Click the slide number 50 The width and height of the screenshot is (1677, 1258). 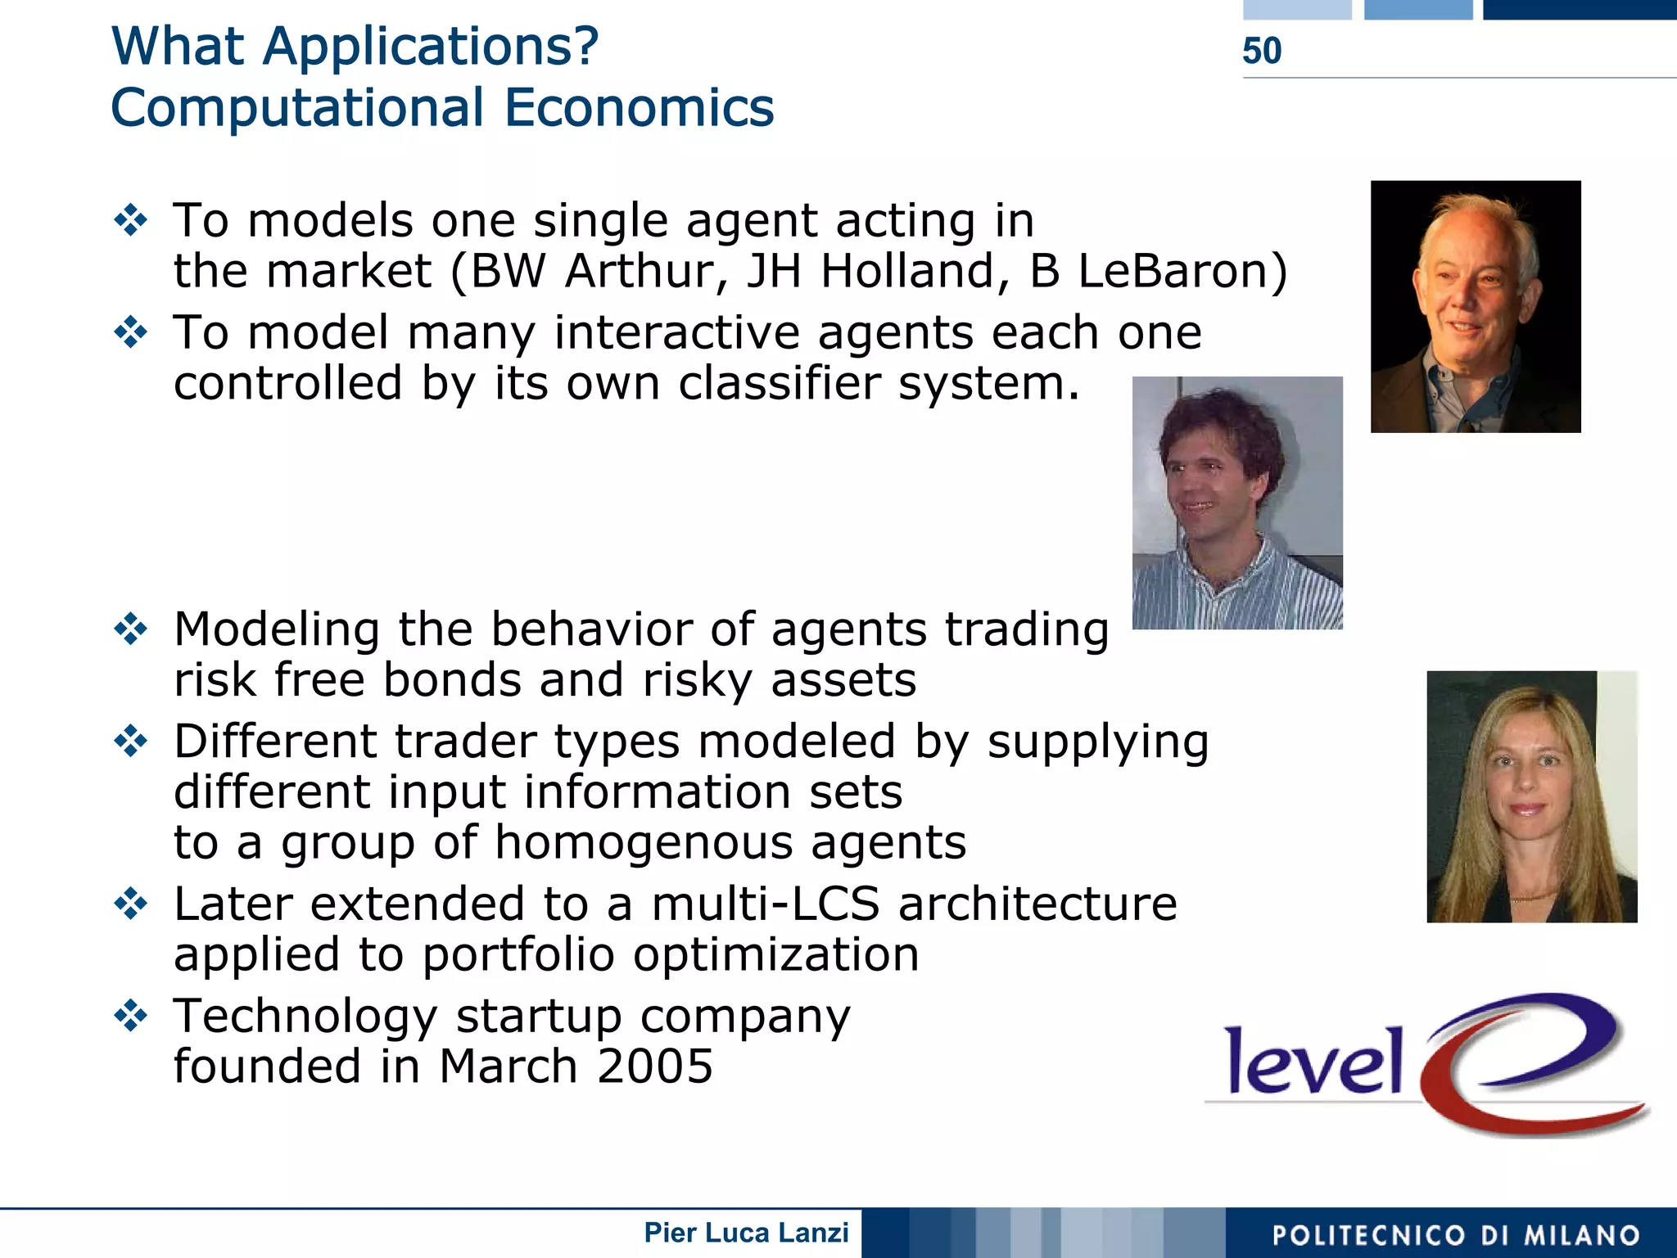click(1261, 51)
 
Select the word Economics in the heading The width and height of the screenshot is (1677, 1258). click(639, 108)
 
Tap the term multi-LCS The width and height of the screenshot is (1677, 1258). click(765, 904)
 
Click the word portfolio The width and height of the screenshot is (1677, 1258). click(518, 954)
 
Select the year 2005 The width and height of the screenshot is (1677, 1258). click(654, 1066)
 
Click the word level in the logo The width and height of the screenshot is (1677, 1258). click(1313, 1062)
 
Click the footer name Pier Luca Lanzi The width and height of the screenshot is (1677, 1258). click(746, 1233)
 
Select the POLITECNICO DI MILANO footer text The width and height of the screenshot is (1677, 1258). click(1456, 1235)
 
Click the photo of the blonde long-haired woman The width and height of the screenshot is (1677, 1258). click(1531, 796)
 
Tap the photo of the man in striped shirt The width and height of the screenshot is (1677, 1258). click(1236, 503)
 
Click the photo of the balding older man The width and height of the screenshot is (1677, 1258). click(1476, 306)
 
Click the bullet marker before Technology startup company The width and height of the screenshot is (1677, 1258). click(131, 1016)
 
